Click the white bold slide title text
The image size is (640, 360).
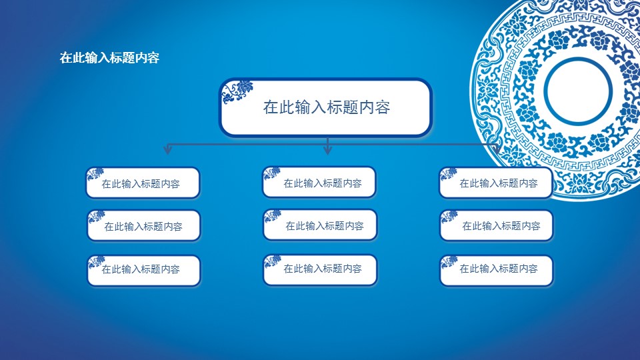pyautogui.click(x=109, y=57)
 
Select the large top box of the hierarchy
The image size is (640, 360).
pyautogui.click(x=326, y=107)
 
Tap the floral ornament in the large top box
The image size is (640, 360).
pyautogui.click(x=237, y=91)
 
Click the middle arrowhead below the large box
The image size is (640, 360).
pyautogui.click(x=327, y=149)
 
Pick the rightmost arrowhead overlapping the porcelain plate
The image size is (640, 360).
pyautogui.click(x=496, y=149)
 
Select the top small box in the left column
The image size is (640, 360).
pyautogui.click(x=143, y=183)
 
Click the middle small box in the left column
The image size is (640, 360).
pyautogui.click(x=144, y=225)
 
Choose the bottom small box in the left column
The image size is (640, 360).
pyautogui.click(x=144, y=270)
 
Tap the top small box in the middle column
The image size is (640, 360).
pyautogui.click(x=319, y=182)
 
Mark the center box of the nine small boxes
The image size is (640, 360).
pyautogui.click(x=320, y=225)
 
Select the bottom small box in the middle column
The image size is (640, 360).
pyautogui.click(x=320, y=270)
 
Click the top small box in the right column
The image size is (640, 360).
pyautogui.click(x=496, y=183)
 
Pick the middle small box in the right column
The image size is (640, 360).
pyautogui.click(x=496, y=225)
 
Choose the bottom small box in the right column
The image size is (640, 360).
pyautogui.click(x=496, y=270)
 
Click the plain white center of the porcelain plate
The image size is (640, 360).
pyautogui.click(x=578, y=91)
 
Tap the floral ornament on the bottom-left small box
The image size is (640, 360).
pyautogui.click(x=97, y=261)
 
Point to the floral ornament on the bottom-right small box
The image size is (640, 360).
pyautogui.click(x=449, y=261)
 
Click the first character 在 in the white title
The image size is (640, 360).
pyautogui.click(x=66, y=57)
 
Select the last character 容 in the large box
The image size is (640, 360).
pyautogui.click(x=383, y=107)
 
